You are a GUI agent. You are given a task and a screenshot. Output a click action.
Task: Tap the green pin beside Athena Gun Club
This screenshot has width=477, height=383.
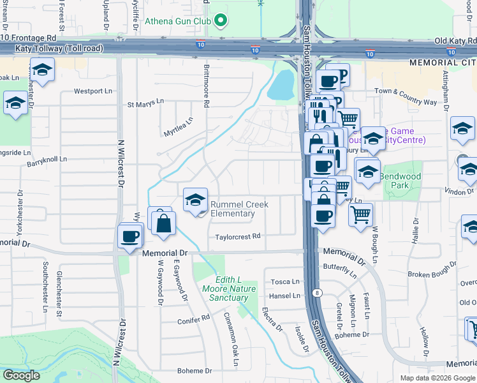click(221, 20)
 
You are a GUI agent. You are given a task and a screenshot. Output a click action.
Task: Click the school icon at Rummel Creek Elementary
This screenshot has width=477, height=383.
click(195, 200)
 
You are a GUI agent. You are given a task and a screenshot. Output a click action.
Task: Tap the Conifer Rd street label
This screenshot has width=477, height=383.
click(194, 317)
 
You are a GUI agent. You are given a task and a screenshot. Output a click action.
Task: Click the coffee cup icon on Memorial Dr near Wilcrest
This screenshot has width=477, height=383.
click(129, 237)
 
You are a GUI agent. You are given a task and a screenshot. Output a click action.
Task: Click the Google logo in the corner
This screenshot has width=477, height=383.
click(21, 375)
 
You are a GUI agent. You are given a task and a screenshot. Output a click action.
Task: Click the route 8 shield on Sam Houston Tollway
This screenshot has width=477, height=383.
click(317, 293)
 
